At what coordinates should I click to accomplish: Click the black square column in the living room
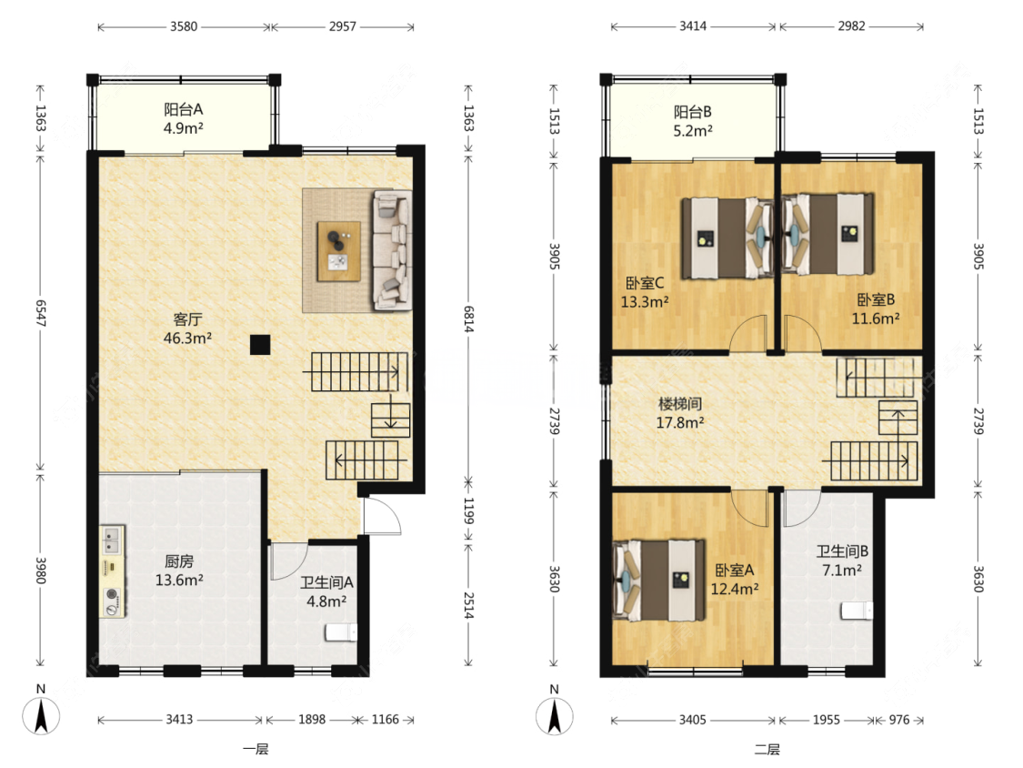tap(260, 344)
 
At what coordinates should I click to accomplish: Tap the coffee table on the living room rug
tap(338, 251)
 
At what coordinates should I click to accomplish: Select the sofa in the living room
tap(391, 250)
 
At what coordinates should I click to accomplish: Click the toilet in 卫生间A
tap(341, 632)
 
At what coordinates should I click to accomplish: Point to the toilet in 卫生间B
tap(857, 611)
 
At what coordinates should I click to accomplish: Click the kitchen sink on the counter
tap(112, 540)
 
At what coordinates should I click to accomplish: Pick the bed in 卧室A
tap(659, 580)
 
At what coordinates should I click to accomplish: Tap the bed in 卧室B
tap(827, 235)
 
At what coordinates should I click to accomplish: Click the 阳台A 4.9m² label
tap(184, 119)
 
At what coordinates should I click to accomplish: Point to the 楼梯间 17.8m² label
tap(680, 413)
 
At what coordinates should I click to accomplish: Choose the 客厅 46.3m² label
tap(187, 328)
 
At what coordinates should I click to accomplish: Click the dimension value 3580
tap(184, 26)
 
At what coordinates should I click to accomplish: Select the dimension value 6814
tap(468, 319)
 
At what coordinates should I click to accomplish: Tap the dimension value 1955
tap(826, 720)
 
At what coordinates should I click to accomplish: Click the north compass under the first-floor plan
tap(41, 715)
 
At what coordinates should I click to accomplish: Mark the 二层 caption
tap(767, 749)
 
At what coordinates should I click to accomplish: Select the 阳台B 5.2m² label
tap(693, 121)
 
